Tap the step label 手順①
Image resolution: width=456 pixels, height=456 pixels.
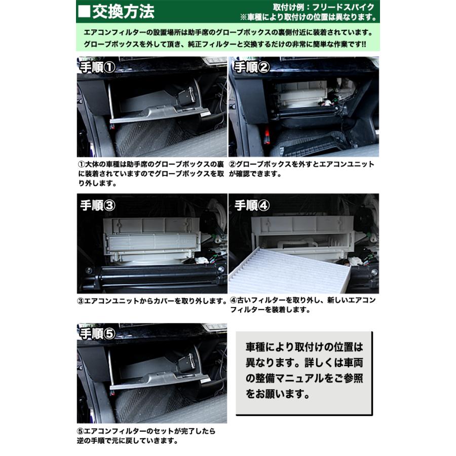pos(98,67)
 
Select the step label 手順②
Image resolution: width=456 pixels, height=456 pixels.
pos(252,67)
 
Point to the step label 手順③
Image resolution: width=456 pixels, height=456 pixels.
pos(98,205)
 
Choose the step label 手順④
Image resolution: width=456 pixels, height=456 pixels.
pos(252,205)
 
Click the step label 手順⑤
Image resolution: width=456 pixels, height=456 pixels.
pos(98,333)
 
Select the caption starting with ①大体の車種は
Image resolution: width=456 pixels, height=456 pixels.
pos(151,174)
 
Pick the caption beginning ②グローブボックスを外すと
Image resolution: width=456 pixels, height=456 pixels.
pos(302,169)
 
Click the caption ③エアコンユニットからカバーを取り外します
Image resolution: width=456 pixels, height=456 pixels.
pos(151,301)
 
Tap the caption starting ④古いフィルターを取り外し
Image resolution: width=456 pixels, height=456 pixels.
pos(302,306)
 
